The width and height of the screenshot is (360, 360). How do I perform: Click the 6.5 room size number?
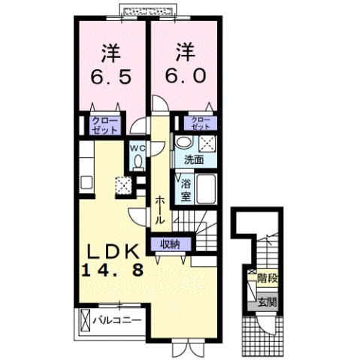point(112,77)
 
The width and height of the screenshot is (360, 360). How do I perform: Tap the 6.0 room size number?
point(184,76)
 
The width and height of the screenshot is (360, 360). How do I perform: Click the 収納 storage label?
point(170,243)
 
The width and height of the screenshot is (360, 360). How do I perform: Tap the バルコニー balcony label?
point(116,321)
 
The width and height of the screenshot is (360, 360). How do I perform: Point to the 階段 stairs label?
point(267,277)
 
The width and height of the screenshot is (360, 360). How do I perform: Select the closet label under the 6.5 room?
point(104,126)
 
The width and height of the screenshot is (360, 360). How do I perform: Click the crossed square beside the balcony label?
point(83,322)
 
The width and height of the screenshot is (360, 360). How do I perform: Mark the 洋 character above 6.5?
point(112,53)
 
